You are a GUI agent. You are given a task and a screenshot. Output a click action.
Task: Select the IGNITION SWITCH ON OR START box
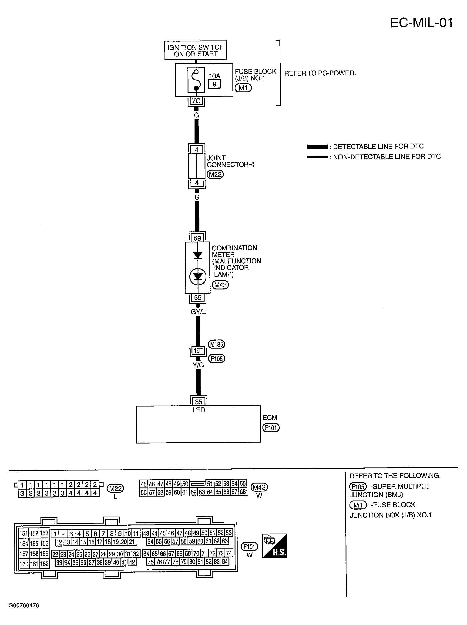195,50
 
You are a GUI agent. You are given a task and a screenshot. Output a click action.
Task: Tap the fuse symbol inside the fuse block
196,80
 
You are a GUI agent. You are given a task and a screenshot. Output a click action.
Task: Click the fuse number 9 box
215,84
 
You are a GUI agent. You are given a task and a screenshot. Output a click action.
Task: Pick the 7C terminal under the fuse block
196,101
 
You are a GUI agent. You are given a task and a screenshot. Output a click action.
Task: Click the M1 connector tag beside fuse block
243,88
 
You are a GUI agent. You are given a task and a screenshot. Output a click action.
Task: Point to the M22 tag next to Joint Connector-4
215,174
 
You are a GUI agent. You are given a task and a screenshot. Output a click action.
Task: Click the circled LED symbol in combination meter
198,277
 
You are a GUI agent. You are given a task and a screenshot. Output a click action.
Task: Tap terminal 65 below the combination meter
198,298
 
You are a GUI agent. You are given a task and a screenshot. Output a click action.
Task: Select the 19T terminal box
198,351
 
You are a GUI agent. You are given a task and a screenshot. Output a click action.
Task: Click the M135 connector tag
216,344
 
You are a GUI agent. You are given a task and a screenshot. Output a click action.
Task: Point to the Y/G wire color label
198,365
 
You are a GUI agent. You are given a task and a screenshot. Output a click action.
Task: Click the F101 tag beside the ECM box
271,428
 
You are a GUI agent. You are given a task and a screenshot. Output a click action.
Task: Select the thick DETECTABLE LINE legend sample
317,147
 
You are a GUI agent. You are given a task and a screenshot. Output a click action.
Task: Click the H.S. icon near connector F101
274,546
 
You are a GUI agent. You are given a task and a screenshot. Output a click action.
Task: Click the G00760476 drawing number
24,605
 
